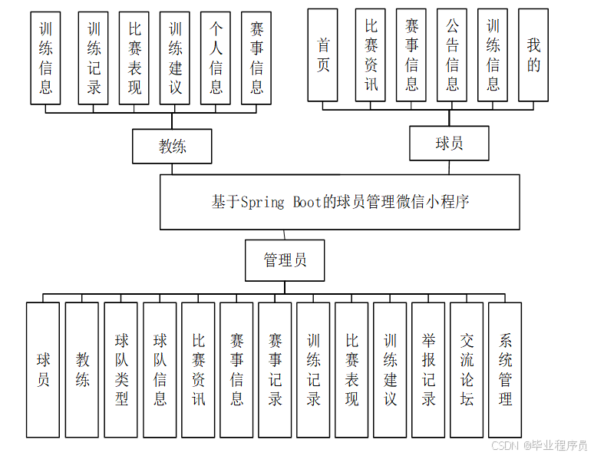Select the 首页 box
pos(323,55)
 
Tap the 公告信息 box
pos(453,55)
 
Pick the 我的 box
pos(533,55)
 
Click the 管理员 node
pos(285,261)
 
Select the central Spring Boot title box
pos(340,202)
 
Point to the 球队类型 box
pos(121,370)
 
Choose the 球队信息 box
pos(160,370)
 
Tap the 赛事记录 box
pos(275,370)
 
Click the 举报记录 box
pos(428,370)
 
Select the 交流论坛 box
pos(467,370)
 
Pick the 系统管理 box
pos(505,370)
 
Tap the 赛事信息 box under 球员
pos(412,55)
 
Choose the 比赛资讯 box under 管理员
pos(198,370)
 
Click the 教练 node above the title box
pos(172,146)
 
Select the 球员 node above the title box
pos(449,144)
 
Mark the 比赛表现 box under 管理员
pos(351,370)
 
